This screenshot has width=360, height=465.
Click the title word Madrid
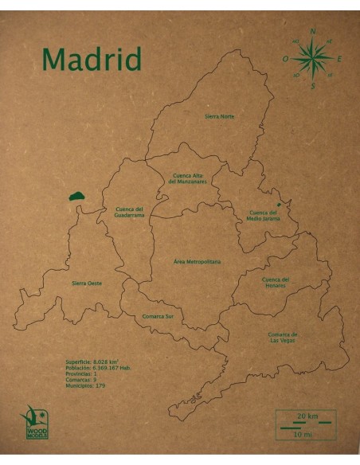point(92,59)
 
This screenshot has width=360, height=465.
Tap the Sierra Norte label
point(219,116)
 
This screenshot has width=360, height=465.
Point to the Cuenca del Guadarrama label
point(129,212)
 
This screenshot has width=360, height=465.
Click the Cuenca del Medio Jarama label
point(264,215)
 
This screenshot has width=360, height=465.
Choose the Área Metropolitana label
point(197,261)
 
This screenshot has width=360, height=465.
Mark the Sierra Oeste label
point(86,283)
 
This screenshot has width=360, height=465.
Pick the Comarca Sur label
point(158,315)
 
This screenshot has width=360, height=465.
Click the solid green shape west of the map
point(77,196)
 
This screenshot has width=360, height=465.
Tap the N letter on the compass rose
point(312,32)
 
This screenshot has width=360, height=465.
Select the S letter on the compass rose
point(313,86)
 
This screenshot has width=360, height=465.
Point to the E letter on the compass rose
point(339,59)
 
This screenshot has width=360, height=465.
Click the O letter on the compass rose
point(285,59)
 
